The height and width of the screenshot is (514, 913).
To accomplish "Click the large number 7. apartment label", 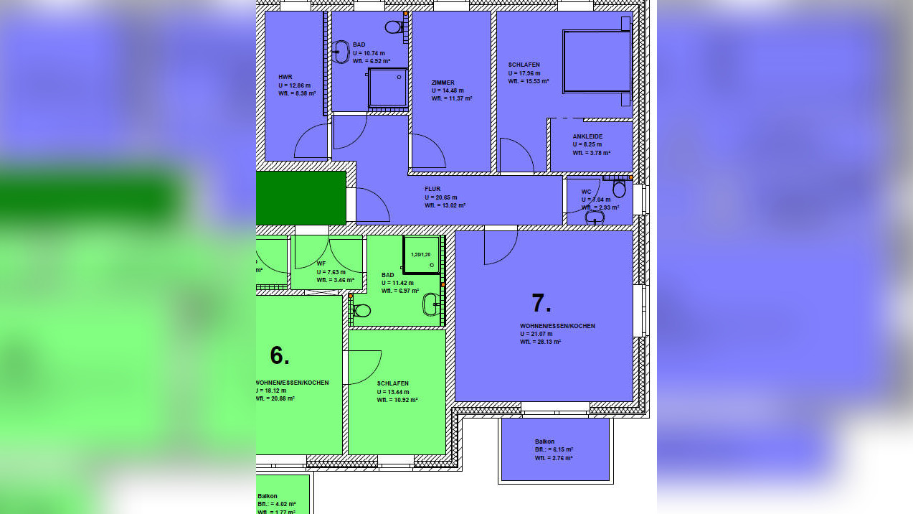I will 541,304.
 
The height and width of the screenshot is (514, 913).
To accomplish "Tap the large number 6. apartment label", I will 280,355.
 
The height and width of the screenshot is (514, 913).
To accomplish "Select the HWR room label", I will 285,77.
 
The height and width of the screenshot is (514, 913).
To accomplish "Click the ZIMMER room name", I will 443,83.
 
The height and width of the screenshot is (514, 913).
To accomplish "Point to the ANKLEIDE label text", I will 587,136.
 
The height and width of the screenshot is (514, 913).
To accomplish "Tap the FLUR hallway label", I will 432,189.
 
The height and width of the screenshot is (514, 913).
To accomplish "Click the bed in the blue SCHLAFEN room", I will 596,61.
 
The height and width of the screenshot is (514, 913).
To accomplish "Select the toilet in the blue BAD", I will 393,27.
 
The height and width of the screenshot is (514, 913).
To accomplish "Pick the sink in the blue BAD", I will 341,52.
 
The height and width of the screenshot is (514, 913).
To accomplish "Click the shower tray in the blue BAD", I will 387,88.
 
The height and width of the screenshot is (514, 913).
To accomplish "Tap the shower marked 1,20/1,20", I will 421,255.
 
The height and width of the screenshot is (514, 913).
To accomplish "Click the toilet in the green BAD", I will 361,311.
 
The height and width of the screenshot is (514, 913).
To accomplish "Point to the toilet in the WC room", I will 619,190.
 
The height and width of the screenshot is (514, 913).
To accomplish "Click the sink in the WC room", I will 595,217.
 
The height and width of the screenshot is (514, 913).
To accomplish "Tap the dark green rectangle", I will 301,197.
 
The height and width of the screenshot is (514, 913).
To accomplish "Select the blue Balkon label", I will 544,441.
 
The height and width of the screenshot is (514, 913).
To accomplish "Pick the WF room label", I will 321,263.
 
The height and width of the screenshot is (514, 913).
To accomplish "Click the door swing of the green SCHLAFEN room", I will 364,366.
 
